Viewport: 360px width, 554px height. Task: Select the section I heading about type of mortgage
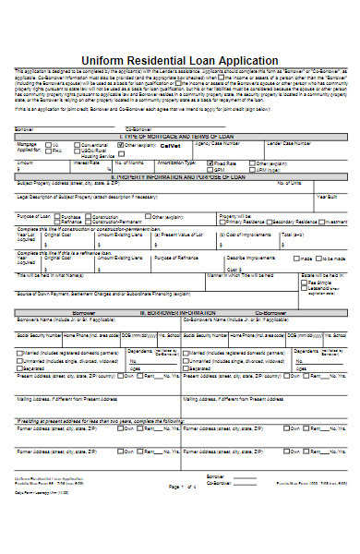coord(181,135)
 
